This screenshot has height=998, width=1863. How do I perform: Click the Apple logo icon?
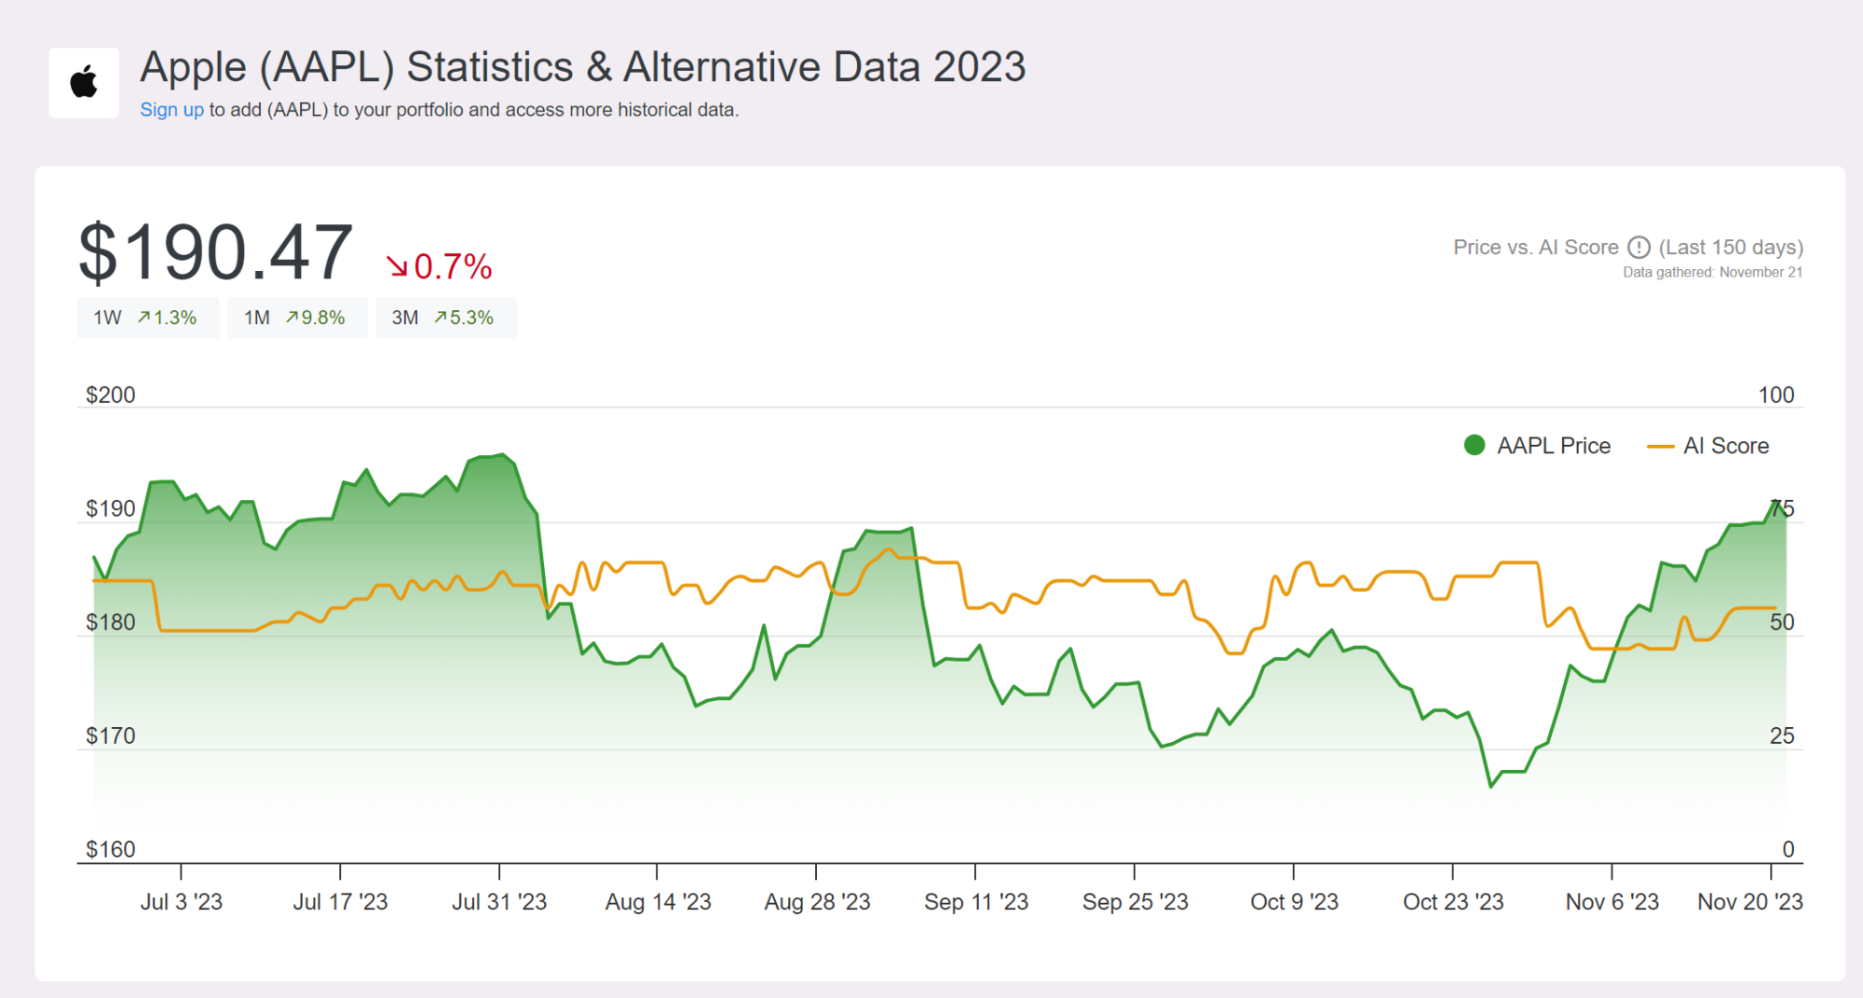(84, 83)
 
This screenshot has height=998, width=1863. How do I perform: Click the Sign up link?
(171, 110)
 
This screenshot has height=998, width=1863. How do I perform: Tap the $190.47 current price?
(215, 253)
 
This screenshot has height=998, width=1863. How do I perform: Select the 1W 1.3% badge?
(147, 318)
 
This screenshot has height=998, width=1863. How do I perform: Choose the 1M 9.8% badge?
(296, 318)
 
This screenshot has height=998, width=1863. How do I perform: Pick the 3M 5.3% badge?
(445, 318)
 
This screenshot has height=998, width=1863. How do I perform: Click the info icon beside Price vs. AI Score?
(1639, 248)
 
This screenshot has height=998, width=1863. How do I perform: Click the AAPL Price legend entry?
(1537, 446)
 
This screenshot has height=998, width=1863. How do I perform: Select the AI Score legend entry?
(1708, 446)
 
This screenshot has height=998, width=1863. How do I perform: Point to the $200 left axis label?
(111, 396)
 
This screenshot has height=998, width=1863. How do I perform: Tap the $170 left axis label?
(111, 736)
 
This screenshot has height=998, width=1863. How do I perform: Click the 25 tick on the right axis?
(1781, 736)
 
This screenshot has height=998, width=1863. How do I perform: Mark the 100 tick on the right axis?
(1775, 396)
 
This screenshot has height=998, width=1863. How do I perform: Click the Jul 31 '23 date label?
(499, 902)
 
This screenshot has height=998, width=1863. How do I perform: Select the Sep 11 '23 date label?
(975, 902)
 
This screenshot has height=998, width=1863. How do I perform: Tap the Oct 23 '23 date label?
(1452, 902)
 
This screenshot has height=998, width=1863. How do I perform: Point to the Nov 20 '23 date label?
(1749, 902)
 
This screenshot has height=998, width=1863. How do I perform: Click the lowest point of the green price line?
(1491, 787)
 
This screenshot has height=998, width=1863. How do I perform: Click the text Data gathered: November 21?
(1712, 273)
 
